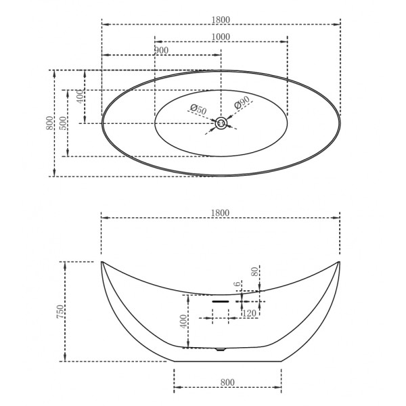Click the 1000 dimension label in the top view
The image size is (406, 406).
click(x=221, y=37)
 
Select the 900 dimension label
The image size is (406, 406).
click(x=161, y=51)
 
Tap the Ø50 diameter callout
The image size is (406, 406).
click(x=198, y=109)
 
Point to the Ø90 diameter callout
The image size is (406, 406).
click(x=243, y=103)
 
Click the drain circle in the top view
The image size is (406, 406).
click(x=221, y=123)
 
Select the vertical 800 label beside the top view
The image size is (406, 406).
click(x=50, y=123)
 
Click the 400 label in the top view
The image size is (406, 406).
click(x=81, y=97)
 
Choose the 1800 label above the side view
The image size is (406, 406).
click(x=221, y=212)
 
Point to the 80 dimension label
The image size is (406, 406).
click(x=255, y=272)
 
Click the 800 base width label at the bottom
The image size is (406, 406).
click(x=227, y=382)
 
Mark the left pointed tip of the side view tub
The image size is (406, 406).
click(x=101, y=261)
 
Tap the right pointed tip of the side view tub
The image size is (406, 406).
click(x=340, y=261)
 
